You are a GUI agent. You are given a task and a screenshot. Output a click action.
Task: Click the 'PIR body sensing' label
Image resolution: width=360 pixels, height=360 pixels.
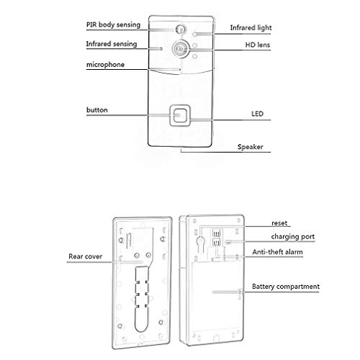tap(113, 25)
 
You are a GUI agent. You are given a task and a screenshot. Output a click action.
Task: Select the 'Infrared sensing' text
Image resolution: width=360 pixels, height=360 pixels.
tap(112, 44)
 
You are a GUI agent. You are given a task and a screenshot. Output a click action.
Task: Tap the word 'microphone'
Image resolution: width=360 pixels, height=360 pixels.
tap(105, 65)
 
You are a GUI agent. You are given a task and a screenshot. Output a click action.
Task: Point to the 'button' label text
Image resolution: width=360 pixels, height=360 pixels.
tap(97, 110)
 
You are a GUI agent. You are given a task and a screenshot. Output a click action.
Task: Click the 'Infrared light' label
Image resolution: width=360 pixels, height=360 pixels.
tap(251, 28)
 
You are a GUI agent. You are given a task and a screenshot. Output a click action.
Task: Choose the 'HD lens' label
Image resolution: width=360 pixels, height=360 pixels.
tap(258, 45)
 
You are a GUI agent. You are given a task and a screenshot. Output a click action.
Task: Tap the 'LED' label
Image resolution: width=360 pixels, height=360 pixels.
tap(257, 114)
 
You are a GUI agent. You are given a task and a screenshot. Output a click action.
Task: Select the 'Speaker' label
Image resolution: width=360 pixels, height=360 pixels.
tap(251, 147)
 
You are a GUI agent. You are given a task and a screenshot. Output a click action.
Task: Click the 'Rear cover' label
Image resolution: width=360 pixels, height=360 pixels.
tap(86, 256)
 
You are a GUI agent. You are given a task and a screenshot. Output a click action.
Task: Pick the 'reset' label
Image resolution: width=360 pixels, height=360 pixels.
tap(279, 223)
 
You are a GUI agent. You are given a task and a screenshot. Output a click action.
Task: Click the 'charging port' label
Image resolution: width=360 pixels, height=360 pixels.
tap(293, 237)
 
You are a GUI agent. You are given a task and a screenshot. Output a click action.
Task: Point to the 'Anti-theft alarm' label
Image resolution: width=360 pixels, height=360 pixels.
tap(277, 252)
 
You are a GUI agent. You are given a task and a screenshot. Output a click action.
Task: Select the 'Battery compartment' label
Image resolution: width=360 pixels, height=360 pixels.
tap(286, 287)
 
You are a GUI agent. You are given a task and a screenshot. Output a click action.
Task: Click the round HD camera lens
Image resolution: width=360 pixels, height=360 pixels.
tap(180, 49)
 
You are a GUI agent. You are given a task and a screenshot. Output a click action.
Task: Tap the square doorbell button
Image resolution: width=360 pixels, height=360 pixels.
tap(180, 115)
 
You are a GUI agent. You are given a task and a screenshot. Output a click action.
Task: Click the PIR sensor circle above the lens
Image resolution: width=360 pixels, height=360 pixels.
tap(180, 30)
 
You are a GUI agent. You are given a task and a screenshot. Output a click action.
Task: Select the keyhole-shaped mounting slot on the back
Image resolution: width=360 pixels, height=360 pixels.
tap(201, 243)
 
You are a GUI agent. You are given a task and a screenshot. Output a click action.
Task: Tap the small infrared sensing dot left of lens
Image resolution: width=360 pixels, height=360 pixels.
tap(161, 49)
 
